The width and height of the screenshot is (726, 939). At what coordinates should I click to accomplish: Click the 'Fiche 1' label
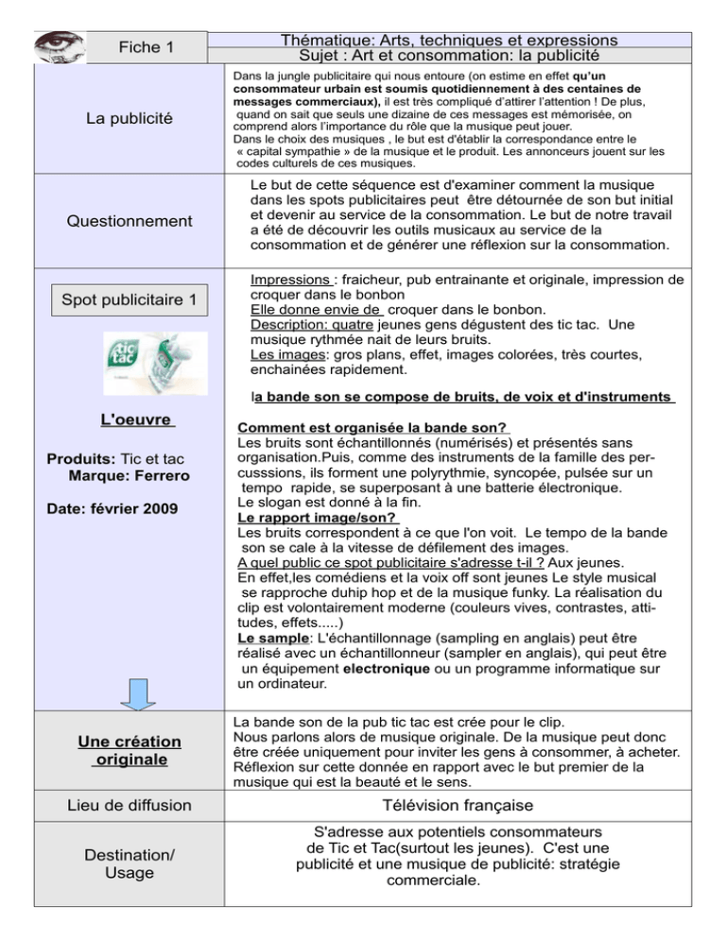click(147, 46)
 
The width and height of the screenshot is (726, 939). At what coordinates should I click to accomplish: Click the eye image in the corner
click(59, 45)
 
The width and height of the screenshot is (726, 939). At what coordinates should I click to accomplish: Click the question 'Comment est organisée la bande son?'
click(373, 428)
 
